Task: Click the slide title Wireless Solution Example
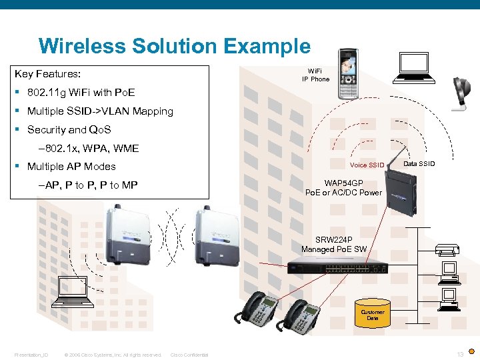coord(174,46)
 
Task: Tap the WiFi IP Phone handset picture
coord(348,74)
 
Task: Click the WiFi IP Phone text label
coord(315,75)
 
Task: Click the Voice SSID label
coord(367,165)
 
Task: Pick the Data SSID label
coord(419,163)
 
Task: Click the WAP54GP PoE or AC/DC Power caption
coord(343,187)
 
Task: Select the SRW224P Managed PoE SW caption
coord(334,245)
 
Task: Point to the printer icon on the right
coord(448,250)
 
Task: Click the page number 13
coord(460,354)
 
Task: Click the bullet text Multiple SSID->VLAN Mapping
coord(100,111)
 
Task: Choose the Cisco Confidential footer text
coord(189,355)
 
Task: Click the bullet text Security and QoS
coord(69,130)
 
